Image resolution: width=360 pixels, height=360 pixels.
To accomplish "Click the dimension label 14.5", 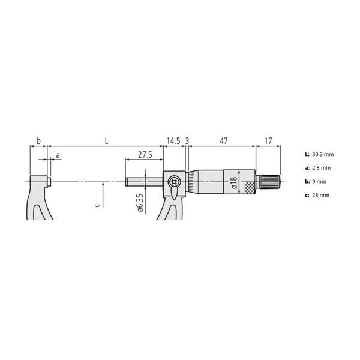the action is [173, 141].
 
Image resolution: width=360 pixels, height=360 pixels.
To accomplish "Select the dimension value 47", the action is [224, 141].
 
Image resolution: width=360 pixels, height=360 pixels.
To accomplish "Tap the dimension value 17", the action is [268, 141].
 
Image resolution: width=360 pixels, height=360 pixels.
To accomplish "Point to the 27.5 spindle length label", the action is [145, 155].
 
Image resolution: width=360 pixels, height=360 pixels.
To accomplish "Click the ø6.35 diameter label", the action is [140, 203].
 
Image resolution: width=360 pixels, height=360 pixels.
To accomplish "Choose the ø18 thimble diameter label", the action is [233, 183].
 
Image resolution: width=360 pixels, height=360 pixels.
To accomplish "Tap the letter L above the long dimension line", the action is [106, 141].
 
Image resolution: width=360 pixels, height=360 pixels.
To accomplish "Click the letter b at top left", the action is [38, 141].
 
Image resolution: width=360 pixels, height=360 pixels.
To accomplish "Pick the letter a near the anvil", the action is [58, 155].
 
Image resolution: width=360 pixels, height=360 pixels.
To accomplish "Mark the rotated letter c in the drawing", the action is [97, 205].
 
